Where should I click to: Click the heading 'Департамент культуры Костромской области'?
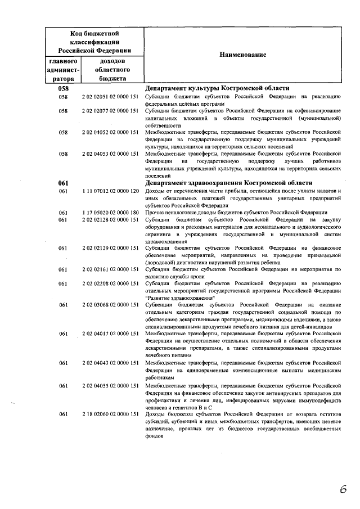(217, 88)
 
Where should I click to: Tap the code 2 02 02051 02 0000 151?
(110, 97)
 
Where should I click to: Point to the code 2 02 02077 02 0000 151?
(110, 111)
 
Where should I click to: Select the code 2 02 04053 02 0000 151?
(110, 154)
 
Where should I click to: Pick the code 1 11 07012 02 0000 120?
(110, 191)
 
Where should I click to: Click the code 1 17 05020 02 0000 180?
(110, 213)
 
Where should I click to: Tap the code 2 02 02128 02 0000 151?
(110, 219)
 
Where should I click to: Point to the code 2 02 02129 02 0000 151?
(110, 247)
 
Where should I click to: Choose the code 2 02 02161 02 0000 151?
(110, 269)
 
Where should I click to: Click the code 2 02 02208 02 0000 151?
(110, 283)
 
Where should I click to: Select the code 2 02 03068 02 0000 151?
(110, 305)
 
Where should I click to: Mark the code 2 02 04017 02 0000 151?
(110, 334)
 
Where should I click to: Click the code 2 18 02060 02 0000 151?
(110, 414)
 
